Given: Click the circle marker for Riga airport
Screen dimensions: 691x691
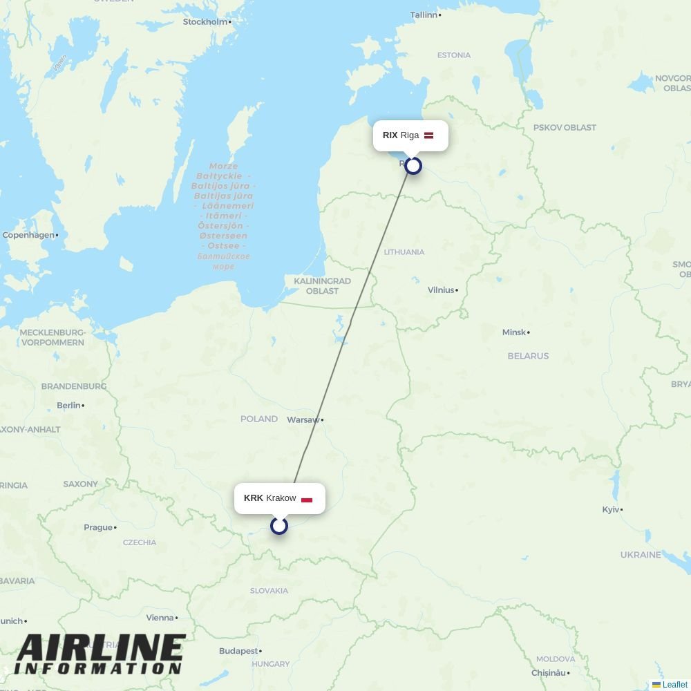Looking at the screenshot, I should coord(413,166).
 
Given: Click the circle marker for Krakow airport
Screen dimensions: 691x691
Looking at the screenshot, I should coord(279,526).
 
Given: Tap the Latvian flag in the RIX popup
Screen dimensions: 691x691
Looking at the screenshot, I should coord(428,135).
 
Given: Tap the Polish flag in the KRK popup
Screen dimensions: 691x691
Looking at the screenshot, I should coord(307,499).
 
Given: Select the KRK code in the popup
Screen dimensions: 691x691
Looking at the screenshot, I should coord(254,498).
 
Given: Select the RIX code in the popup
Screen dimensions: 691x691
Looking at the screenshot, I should coord(390,135).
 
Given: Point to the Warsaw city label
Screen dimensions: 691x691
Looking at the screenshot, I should coord(303,419).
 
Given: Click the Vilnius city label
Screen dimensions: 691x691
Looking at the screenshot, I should coord(441,290).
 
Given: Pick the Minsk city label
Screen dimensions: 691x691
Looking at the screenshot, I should coord(514,332).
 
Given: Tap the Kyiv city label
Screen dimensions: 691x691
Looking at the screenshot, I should coord(611,509).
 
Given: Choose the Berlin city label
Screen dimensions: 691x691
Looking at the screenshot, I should coord(69,405).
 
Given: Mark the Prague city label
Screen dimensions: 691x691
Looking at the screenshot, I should coord(98,527).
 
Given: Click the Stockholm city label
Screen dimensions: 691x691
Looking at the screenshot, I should coord(205,21).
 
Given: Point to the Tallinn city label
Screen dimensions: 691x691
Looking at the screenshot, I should coord(424,15).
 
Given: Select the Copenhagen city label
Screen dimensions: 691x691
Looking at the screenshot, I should coord(28,235).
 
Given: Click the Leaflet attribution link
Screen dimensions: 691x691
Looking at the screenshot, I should coord(674,685).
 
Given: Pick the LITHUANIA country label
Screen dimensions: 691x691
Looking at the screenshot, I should coord(404,252).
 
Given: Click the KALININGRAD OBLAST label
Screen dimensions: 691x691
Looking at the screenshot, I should coord(322,286).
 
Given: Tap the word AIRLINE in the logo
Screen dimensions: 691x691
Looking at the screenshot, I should coord(100,648).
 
